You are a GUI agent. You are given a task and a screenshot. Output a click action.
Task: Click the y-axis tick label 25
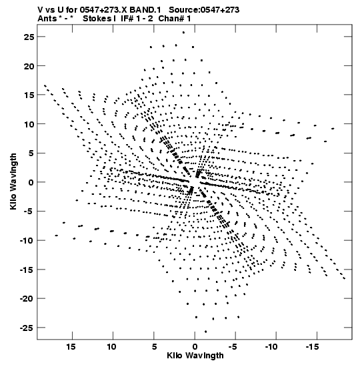coord(29,37)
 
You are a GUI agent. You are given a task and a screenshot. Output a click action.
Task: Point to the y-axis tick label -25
coord(27,328)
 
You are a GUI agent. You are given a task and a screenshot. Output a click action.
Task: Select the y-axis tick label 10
coord(29,124)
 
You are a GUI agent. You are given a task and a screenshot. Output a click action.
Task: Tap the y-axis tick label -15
coord(27,270)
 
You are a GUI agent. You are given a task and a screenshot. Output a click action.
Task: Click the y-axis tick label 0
coord(31,182)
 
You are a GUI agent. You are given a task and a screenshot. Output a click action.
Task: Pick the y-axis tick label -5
coord(29,212)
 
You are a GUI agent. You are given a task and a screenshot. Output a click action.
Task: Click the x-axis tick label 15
coord(71,347)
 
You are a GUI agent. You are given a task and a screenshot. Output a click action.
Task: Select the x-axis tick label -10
coord(271,347)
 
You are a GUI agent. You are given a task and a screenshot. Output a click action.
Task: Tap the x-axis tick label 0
coord(195,347)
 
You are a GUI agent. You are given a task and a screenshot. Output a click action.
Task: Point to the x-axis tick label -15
coord(312,347)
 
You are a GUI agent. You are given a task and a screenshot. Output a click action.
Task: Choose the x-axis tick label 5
coord(154,347)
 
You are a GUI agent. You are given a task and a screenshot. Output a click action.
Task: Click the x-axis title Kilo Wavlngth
coord(195,356)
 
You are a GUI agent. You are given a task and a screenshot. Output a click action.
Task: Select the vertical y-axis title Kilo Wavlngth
coord(13,181)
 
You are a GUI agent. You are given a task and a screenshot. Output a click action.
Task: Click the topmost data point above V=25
coord(183,33)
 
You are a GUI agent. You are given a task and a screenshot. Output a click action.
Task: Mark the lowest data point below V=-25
coord(205,332)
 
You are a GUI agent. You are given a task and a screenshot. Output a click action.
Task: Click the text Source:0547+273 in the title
coord(204,10)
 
